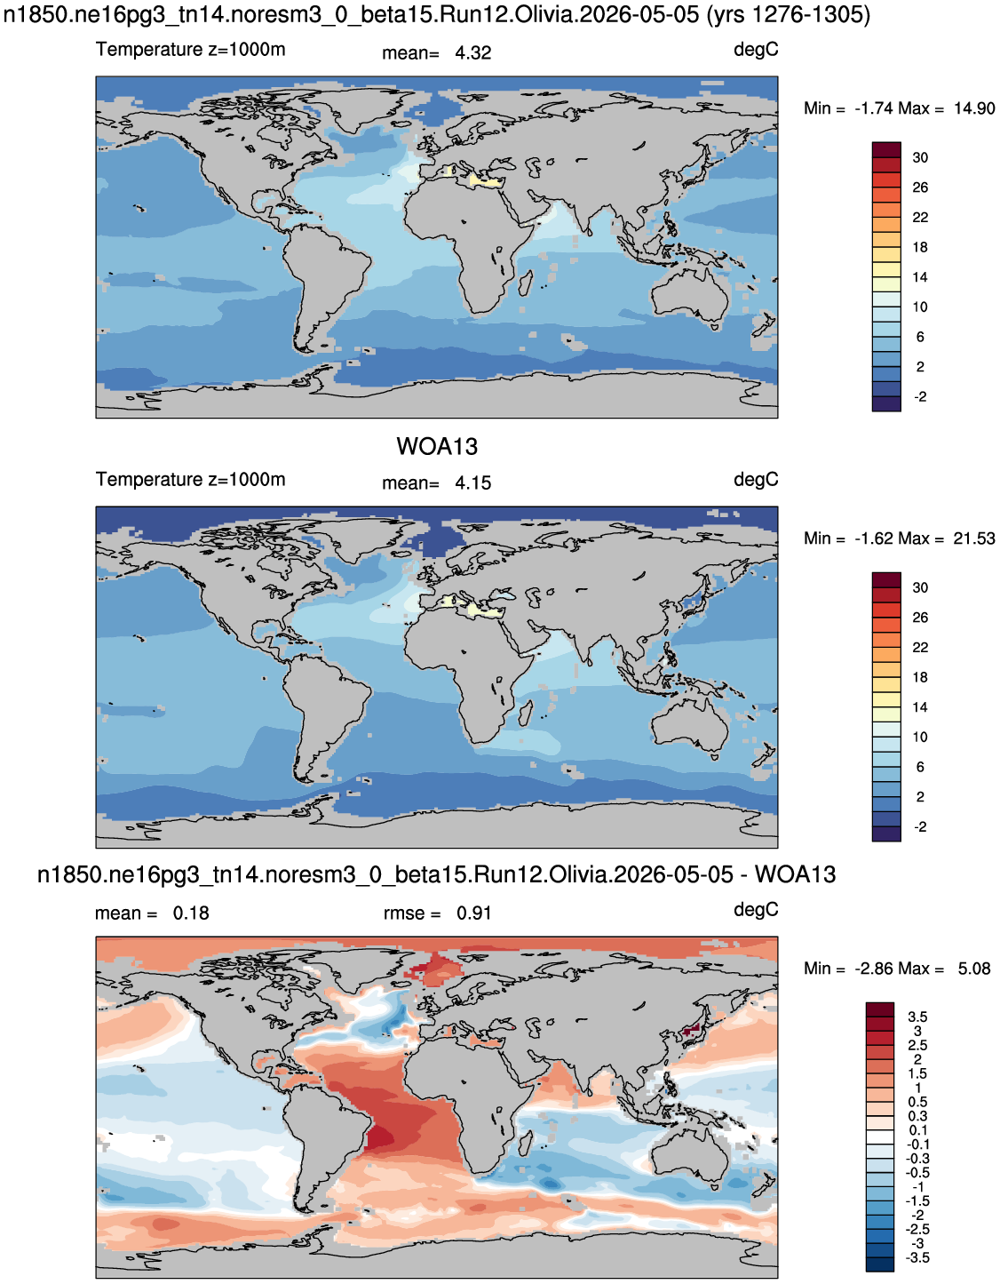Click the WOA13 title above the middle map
437,447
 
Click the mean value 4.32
472,53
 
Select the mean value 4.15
472,483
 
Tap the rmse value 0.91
473,913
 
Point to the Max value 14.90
974,108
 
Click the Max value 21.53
974,538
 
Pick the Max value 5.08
974,969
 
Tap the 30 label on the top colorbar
920,158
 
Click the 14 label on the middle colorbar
920,707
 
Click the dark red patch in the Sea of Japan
692,1031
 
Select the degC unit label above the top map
756,50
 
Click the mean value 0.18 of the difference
191,913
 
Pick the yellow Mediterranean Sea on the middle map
472,609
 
